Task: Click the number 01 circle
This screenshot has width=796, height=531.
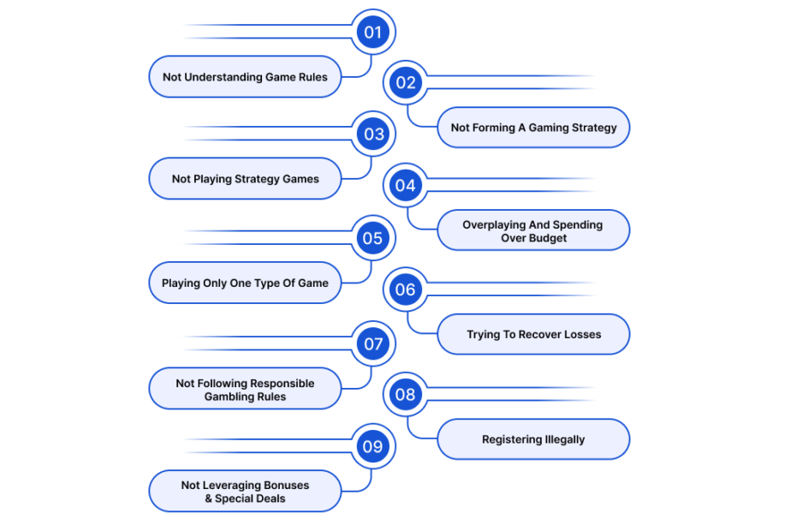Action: coord(373,32)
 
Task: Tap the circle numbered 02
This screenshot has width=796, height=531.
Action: coord(406,82)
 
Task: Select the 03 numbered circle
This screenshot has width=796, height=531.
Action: coord(373,134)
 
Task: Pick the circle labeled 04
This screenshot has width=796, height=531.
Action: coord(406,186)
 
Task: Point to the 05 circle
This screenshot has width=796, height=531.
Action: coord(373,238)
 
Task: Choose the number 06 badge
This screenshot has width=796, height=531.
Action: coord(406,289)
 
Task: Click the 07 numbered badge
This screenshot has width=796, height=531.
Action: coord(373,344)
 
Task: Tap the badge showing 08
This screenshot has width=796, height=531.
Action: coord(406,394)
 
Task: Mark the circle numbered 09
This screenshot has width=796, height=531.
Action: coord(373,446)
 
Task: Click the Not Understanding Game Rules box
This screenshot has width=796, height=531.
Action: coord(245,77)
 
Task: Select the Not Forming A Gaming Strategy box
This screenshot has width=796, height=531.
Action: coord(533,128)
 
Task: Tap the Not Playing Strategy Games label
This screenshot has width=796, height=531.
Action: coord(245,179)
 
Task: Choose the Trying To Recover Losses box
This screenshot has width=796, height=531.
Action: coord(533,334)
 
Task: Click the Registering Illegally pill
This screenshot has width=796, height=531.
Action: coord(533,439)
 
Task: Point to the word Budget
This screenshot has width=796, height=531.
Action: coord(548,238)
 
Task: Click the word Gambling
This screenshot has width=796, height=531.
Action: coord(225,397)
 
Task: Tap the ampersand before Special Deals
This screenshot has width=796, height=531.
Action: coord(209,498)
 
